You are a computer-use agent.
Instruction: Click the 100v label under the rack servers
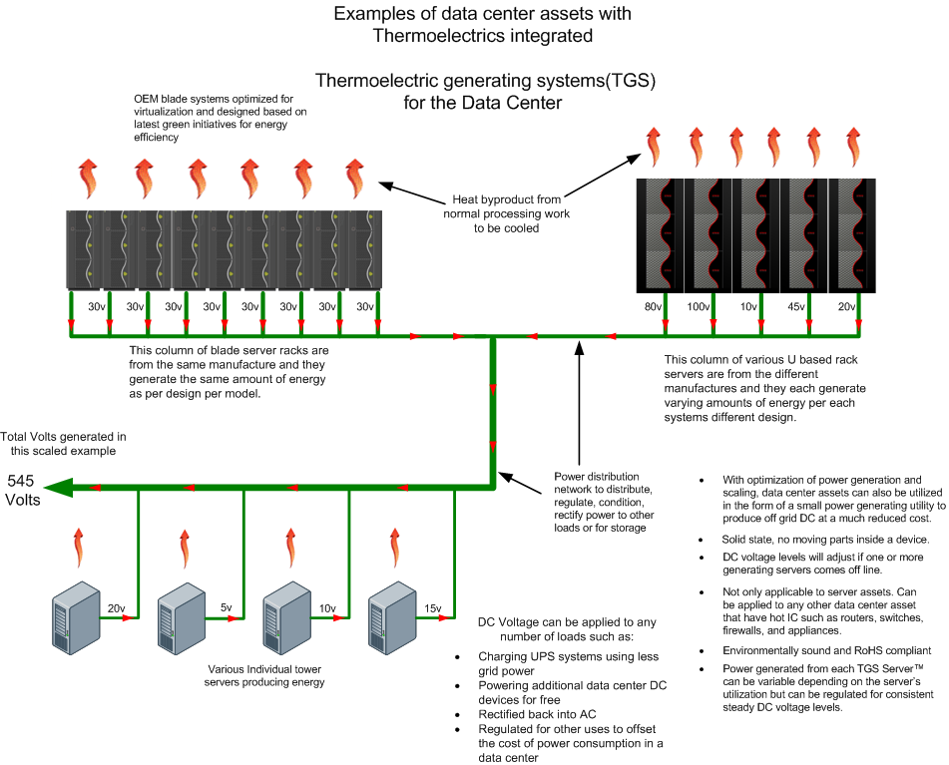699,307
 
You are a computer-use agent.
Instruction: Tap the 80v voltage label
655,307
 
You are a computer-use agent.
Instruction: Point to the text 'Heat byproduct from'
507,199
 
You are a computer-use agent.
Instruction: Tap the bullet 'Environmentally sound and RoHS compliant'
819,650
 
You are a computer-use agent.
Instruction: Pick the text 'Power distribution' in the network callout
597,476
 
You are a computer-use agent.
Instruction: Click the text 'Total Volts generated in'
64,437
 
